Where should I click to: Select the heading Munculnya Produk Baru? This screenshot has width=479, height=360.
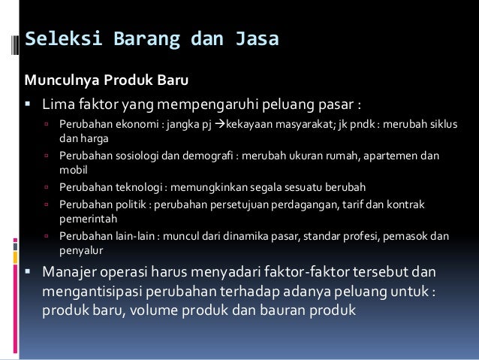click(107, 79)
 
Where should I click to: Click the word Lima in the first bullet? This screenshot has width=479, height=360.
click(57, 101)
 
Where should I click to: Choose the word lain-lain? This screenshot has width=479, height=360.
click(136, 236)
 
